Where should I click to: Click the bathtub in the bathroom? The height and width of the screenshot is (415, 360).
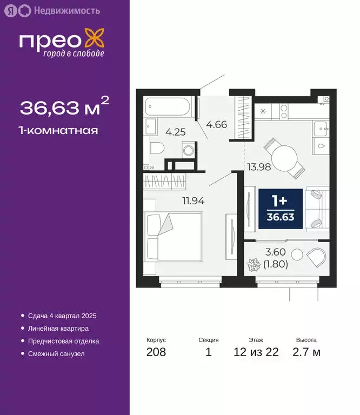pyautogui.click(x=168, y=106)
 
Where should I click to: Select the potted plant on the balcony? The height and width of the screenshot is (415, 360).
pyautogui.click(x=253, y=266)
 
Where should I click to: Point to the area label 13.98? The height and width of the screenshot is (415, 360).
pyautogui.click(x=259, y=167)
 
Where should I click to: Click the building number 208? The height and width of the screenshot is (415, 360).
pyautogui.click(x=156, y=352)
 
